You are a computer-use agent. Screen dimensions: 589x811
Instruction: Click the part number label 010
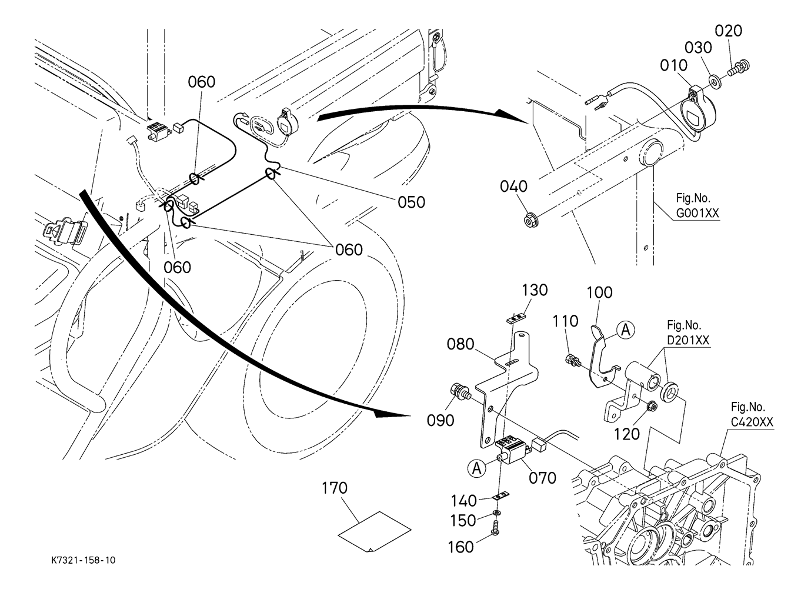pos(673,65)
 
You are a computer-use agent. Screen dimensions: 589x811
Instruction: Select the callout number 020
pos(729,31)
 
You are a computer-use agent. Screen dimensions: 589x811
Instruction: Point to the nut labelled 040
pos(531,221)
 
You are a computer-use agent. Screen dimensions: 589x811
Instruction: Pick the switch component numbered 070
pos(512,450)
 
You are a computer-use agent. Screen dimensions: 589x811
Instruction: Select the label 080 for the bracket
pos(460,344)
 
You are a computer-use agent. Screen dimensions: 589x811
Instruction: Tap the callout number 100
pos(599,292)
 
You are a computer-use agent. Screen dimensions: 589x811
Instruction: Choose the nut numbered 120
pos(652,406)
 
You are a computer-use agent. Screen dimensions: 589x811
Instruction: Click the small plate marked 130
pos(516,318)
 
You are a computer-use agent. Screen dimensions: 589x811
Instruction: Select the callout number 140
pos(464,501)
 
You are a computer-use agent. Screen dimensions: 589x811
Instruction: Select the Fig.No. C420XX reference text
pos(752,414)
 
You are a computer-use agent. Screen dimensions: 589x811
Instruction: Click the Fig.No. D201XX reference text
pos(687,333)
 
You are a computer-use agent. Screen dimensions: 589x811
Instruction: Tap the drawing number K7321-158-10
pos(83,561)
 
